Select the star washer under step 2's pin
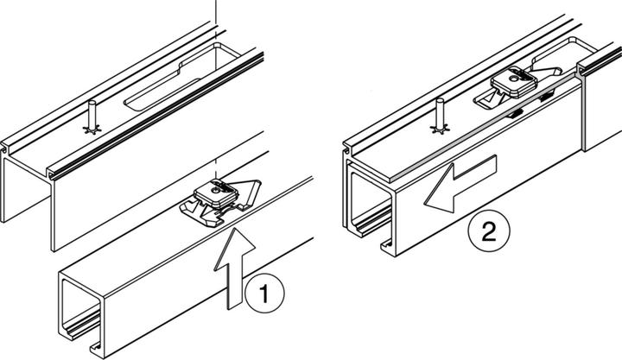pos(440,130)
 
